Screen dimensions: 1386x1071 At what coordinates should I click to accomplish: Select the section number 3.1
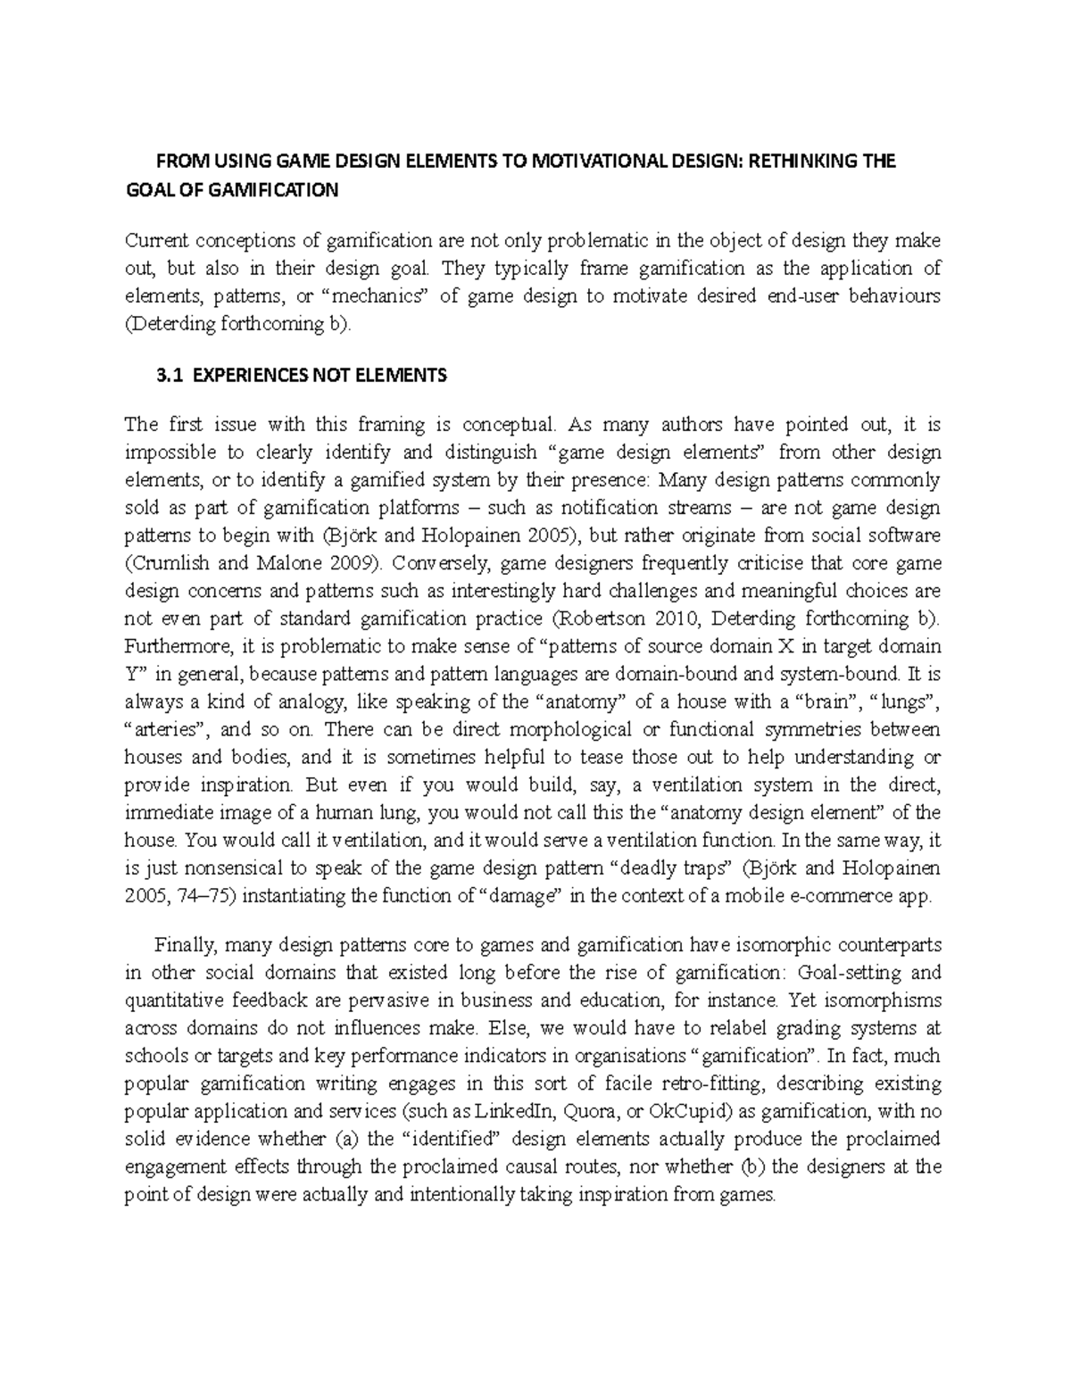(x=168, y=377)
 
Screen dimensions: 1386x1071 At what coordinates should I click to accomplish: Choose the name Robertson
(x=594, y=618)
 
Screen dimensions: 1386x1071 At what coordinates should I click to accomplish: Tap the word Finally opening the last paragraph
(x=185, y=945)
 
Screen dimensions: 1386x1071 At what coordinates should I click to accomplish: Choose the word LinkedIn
(x=519, y=1112)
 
